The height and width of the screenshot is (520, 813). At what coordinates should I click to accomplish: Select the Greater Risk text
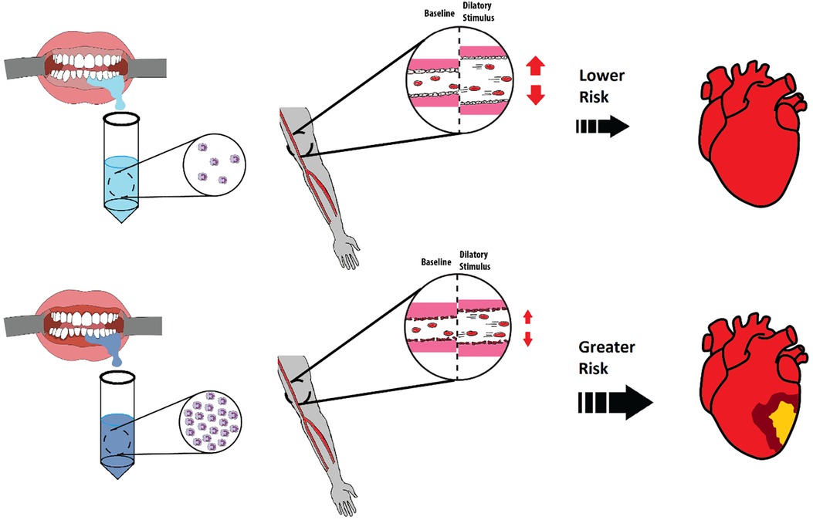point(607,358)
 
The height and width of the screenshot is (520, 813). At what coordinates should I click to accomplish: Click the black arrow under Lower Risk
point(602,127)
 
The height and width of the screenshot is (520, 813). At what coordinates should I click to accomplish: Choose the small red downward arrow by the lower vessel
point(528,339)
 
